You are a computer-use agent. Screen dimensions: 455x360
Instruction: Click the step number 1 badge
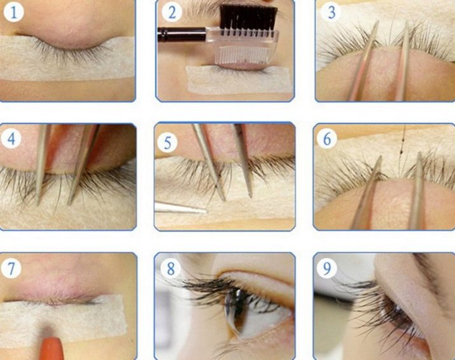[x=13, y=12]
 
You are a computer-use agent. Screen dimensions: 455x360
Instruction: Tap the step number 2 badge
[x=172, y=13]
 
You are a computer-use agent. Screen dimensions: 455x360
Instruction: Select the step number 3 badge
[x=332, y=13]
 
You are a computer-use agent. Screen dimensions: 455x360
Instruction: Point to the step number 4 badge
[x=11, y=139]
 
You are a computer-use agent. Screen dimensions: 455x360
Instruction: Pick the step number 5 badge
[x=167, y=142]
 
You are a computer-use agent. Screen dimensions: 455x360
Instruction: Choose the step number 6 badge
[x=327, y=139]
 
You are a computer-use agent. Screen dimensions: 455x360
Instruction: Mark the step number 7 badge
[x=11, y=268]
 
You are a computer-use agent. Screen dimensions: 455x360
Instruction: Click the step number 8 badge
[x=171, y=268]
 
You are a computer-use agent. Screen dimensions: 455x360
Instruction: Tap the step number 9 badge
[x=327, y=268]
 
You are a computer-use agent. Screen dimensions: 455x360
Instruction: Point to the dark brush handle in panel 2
[x=182, y=34]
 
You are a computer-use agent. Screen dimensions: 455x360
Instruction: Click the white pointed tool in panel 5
[x=181, y=208]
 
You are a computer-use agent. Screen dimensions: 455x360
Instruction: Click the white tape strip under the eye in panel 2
[x=239, y=80]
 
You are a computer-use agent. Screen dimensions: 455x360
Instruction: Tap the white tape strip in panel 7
[x=62, y=320]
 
